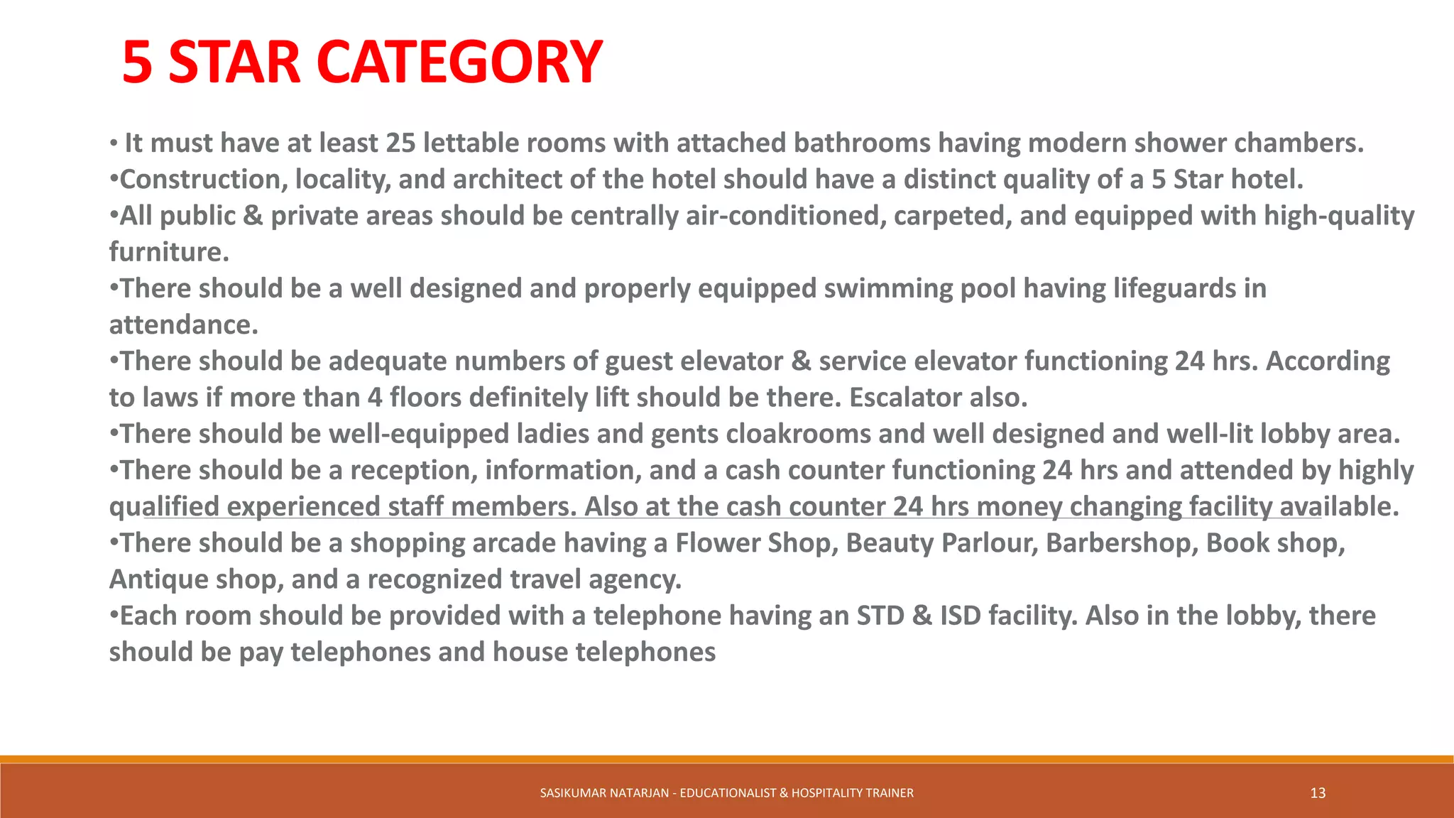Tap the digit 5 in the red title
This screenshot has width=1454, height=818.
[137, 62]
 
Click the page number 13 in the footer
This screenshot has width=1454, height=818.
[1318, 793]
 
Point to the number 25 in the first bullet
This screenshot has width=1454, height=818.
[400, 143]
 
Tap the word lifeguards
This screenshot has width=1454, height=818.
[1174, 289]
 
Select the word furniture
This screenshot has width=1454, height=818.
[169, 252]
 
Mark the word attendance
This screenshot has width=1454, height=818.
[183, 325]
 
